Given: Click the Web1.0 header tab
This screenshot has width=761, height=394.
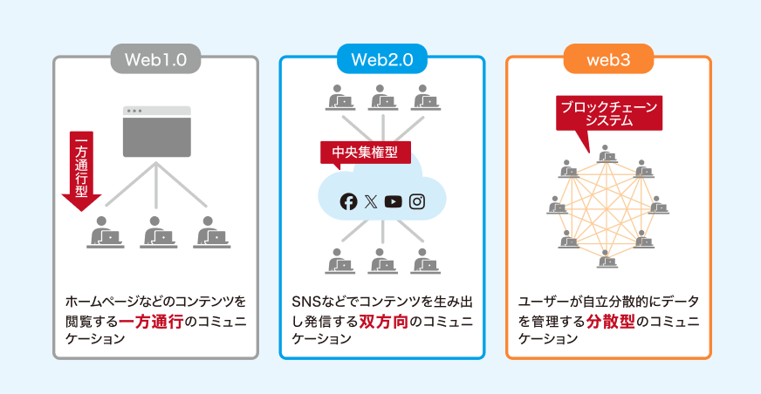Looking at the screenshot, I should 156,60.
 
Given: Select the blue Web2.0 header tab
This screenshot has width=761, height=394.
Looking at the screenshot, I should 382,60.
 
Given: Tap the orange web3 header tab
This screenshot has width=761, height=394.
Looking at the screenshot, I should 608,60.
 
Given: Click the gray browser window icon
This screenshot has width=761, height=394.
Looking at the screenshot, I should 156,132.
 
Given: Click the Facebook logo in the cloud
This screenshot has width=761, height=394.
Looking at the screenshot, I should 349,201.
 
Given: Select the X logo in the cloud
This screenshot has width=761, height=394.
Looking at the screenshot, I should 371,201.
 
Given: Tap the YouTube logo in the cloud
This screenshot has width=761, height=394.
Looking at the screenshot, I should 394,201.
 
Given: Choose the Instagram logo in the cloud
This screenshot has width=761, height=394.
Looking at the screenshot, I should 417,201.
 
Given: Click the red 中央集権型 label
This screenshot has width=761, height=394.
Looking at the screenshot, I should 360,153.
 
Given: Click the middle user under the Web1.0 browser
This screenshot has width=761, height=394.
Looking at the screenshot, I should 156,232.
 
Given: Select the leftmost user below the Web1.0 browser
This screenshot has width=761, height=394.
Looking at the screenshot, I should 105,232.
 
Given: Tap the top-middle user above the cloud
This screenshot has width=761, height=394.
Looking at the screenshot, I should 382,97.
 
